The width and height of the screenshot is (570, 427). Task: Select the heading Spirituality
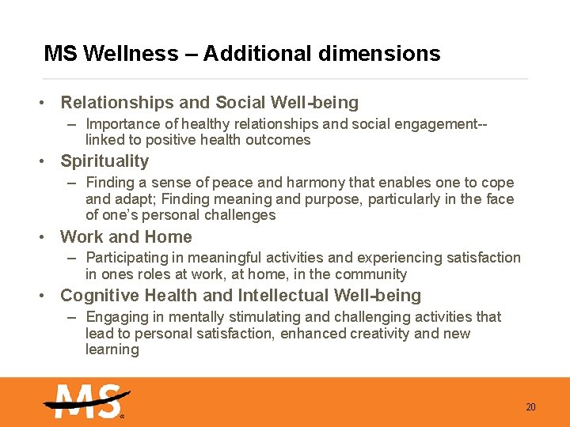104,161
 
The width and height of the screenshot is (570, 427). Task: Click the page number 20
530,407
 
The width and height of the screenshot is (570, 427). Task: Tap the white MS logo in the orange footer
85,402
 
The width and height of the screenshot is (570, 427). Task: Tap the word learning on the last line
112,350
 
